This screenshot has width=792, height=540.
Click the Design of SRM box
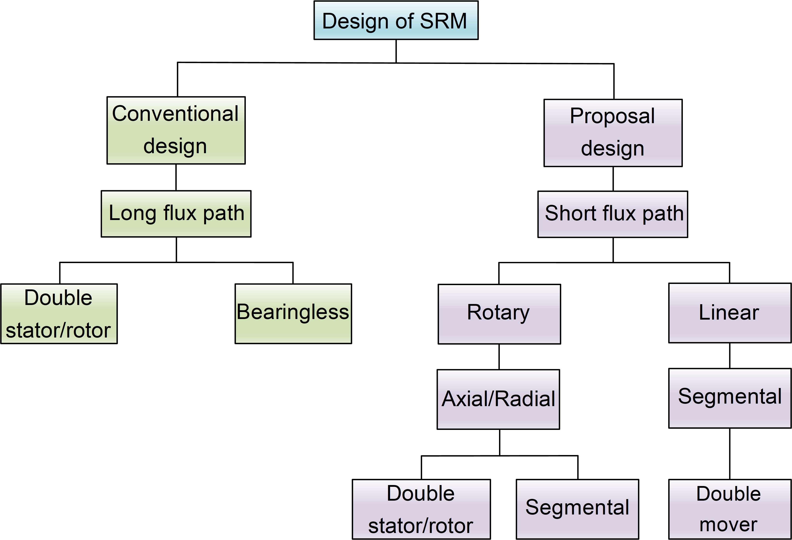click(x=396, y=20)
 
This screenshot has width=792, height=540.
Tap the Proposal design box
click(x=613, y=133)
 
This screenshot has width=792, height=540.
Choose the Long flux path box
click(x=176, y=214)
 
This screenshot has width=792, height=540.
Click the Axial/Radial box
click(x=498, y=399)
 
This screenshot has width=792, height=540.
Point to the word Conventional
click(x=175, y=114)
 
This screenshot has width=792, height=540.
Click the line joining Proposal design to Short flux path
click(x=613, y=179)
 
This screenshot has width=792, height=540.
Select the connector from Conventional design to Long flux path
click(x=176, y=177)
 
